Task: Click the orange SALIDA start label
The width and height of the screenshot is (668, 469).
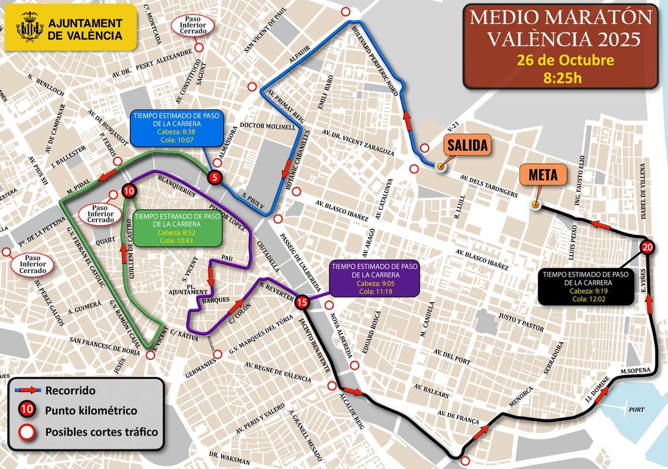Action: [x=468, y=145]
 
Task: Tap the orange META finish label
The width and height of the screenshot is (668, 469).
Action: [x=546, y=176]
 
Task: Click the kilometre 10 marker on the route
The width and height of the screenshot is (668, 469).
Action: [x=129, y=191]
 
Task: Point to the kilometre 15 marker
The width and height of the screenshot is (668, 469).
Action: [x=302, y=302]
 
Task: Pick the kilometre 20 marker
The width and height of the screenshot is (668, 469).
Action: [x=646, y=248]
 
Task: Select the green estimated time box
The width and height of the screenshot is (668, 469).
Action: [x=177, y=228]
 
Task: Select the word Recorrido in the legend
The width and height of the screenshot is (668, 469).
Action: [x=70, y=390]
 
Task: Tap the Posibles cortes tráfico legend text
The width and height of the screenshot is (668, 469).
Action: [x=101, y=432]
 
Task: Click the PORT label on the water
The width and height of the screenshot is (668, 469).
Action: [x=636, y=409]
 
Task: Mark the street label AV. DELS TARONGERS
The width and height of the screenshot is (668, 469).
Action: [x=489, y=186]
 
